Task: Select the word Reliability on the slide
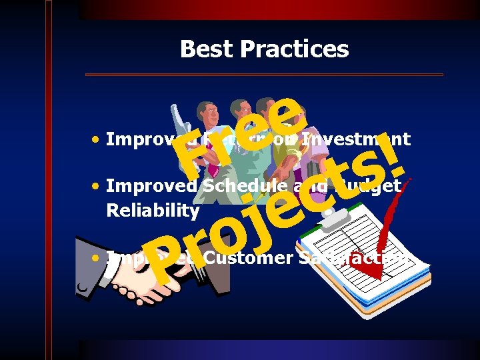point(153,211)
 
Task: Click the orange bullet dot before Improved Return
point(97,140)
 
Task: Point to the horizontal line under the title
point(264,74)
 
